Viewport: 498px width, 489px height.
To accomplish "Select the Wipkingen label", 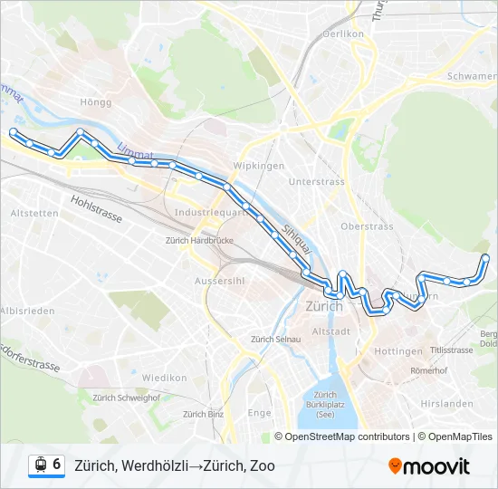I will point(259,166).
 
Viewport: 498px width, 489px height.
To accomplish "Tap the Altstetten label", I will point(33,213).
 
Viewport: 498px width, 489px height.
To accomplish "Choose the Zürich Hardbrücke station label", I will point(199,241).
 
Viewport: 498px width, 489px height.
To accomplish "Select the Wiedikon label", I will point(164,378).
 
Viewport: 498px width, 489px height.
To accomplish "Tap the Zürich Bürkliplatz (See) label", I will point(324,404).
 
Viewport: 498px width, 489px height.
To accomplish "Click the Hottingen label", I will point(397,350).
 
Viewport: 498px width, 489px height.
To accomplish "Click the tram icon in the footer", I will point(40,465).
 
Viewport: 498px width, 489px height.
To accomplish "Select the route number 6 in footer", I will point(56,465).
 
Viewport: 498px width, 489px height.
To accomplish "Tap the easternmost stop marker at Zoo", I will point(485,258).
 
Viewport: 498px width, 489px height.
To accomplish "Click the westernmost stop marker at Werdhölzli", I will point(13,132).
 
